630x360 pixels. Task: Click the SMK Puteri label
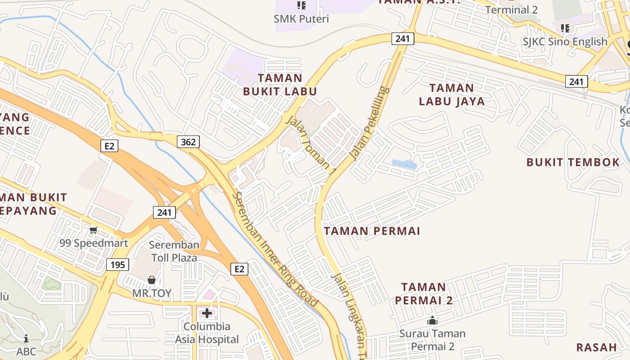pos(301,19)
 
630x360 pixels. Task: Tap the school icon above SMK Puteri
pos(301,5)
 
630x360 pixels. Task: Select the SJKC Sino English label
pos(565,42)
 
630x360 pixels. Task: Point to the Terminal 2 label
pos(511,10)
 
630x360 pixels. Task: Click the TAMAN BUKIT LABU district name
pos(280,85)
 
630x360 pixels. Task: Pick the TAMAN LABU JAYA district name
pos(452,94)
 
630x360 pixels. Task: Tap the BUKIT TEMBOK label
pos(573,162)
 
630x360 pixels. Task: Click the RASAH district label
pos(596,347)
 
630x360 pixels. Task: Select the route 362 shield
pos(188,142)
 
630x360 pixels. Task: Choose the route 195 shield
pos(118,265)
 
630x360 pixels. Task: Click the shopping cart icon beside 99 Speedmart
pos(93,230)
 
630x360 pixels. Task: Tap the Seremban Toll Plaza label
pos(174,252)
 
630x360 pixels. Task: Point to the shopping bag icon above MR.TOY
pos(152,280)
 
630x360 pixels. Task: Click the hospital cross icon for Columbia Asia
pos(207,313)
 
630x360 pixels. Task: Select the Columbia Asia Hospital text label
pos(207,333)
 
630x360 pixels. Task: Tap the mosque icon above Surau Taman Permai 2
pos(432,320)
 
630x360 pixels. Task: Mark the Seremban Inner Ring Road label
pos(276,250)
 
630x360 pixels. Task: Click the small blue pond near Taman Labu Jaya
pos(404,164)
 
